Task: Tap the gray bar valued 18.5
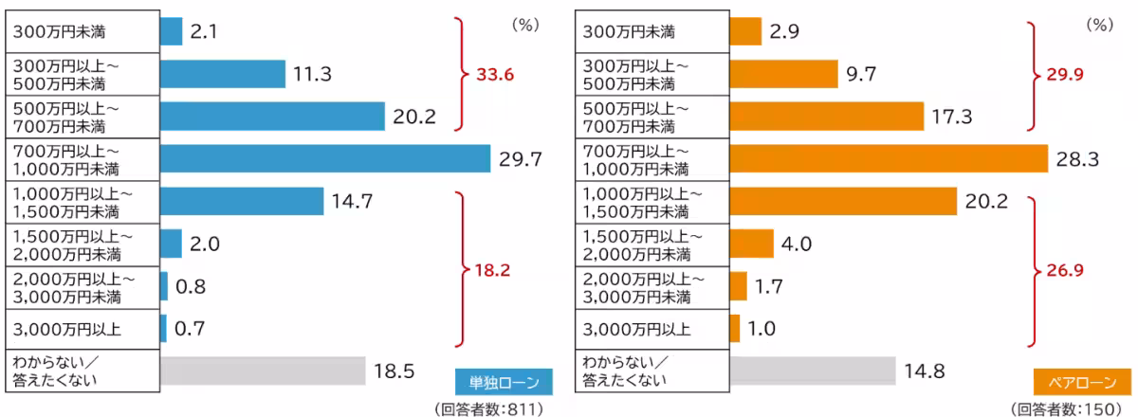263,371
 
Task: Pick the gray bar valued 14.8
812,371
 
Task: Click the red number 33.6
493,74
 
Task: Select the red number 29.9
1061,74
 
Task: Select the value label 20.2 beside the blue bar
413,117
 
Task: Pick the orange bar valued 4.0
751,244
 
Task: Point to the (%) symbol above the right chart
1098,26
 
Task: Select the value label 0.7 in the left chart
190,329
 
